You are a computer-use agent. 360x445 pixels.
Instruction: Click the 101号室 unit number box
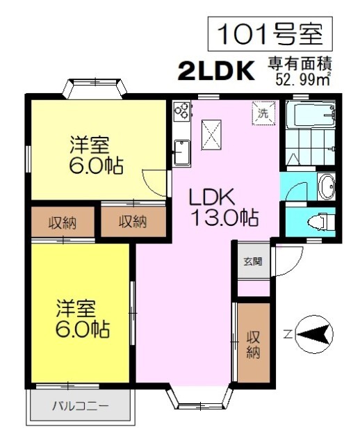(270, 34)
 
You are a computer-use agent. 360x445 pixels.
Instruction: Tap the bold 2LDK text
(216, 71)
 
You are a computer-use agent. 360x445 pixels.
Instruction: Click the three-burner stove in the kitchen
(181, 111)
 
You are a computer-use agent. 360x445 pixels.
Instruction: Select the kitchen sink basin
(182, 152)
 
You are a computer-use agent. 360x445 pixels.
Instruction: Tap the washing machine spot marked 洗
(263, 113)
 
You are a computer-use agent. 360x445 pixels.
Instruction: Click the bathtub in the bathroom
(311, 115)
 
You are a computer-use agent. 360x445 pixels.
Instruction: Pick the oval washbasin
(327, 186)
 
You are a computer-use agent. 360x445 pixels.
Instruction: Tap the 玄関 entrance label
(253, 261)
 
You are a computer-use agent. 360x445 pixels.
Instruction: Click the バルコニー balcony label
(81, 406)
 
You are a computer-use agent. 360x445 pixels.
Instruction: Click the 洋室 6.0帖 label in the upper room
(97, 155)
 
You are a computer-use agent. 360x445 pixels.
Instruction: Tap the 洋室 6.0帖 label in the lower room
(83, 318)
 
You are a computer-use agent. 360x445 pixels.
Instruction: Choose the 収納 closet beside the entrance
(254, 343)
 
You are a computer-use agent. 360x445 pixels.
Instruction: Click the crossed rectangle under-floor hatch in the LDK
(211, 135)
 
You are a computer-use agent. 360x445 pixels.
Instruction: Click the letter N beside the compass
(288, 335)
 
